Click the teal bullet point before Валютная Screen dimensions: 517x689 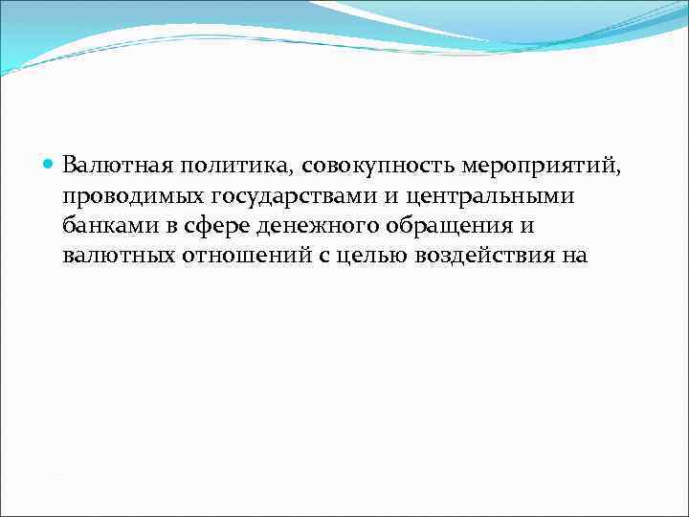[x=50, y=166]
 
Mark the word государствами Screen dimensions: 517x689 [x=270, y=197]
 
